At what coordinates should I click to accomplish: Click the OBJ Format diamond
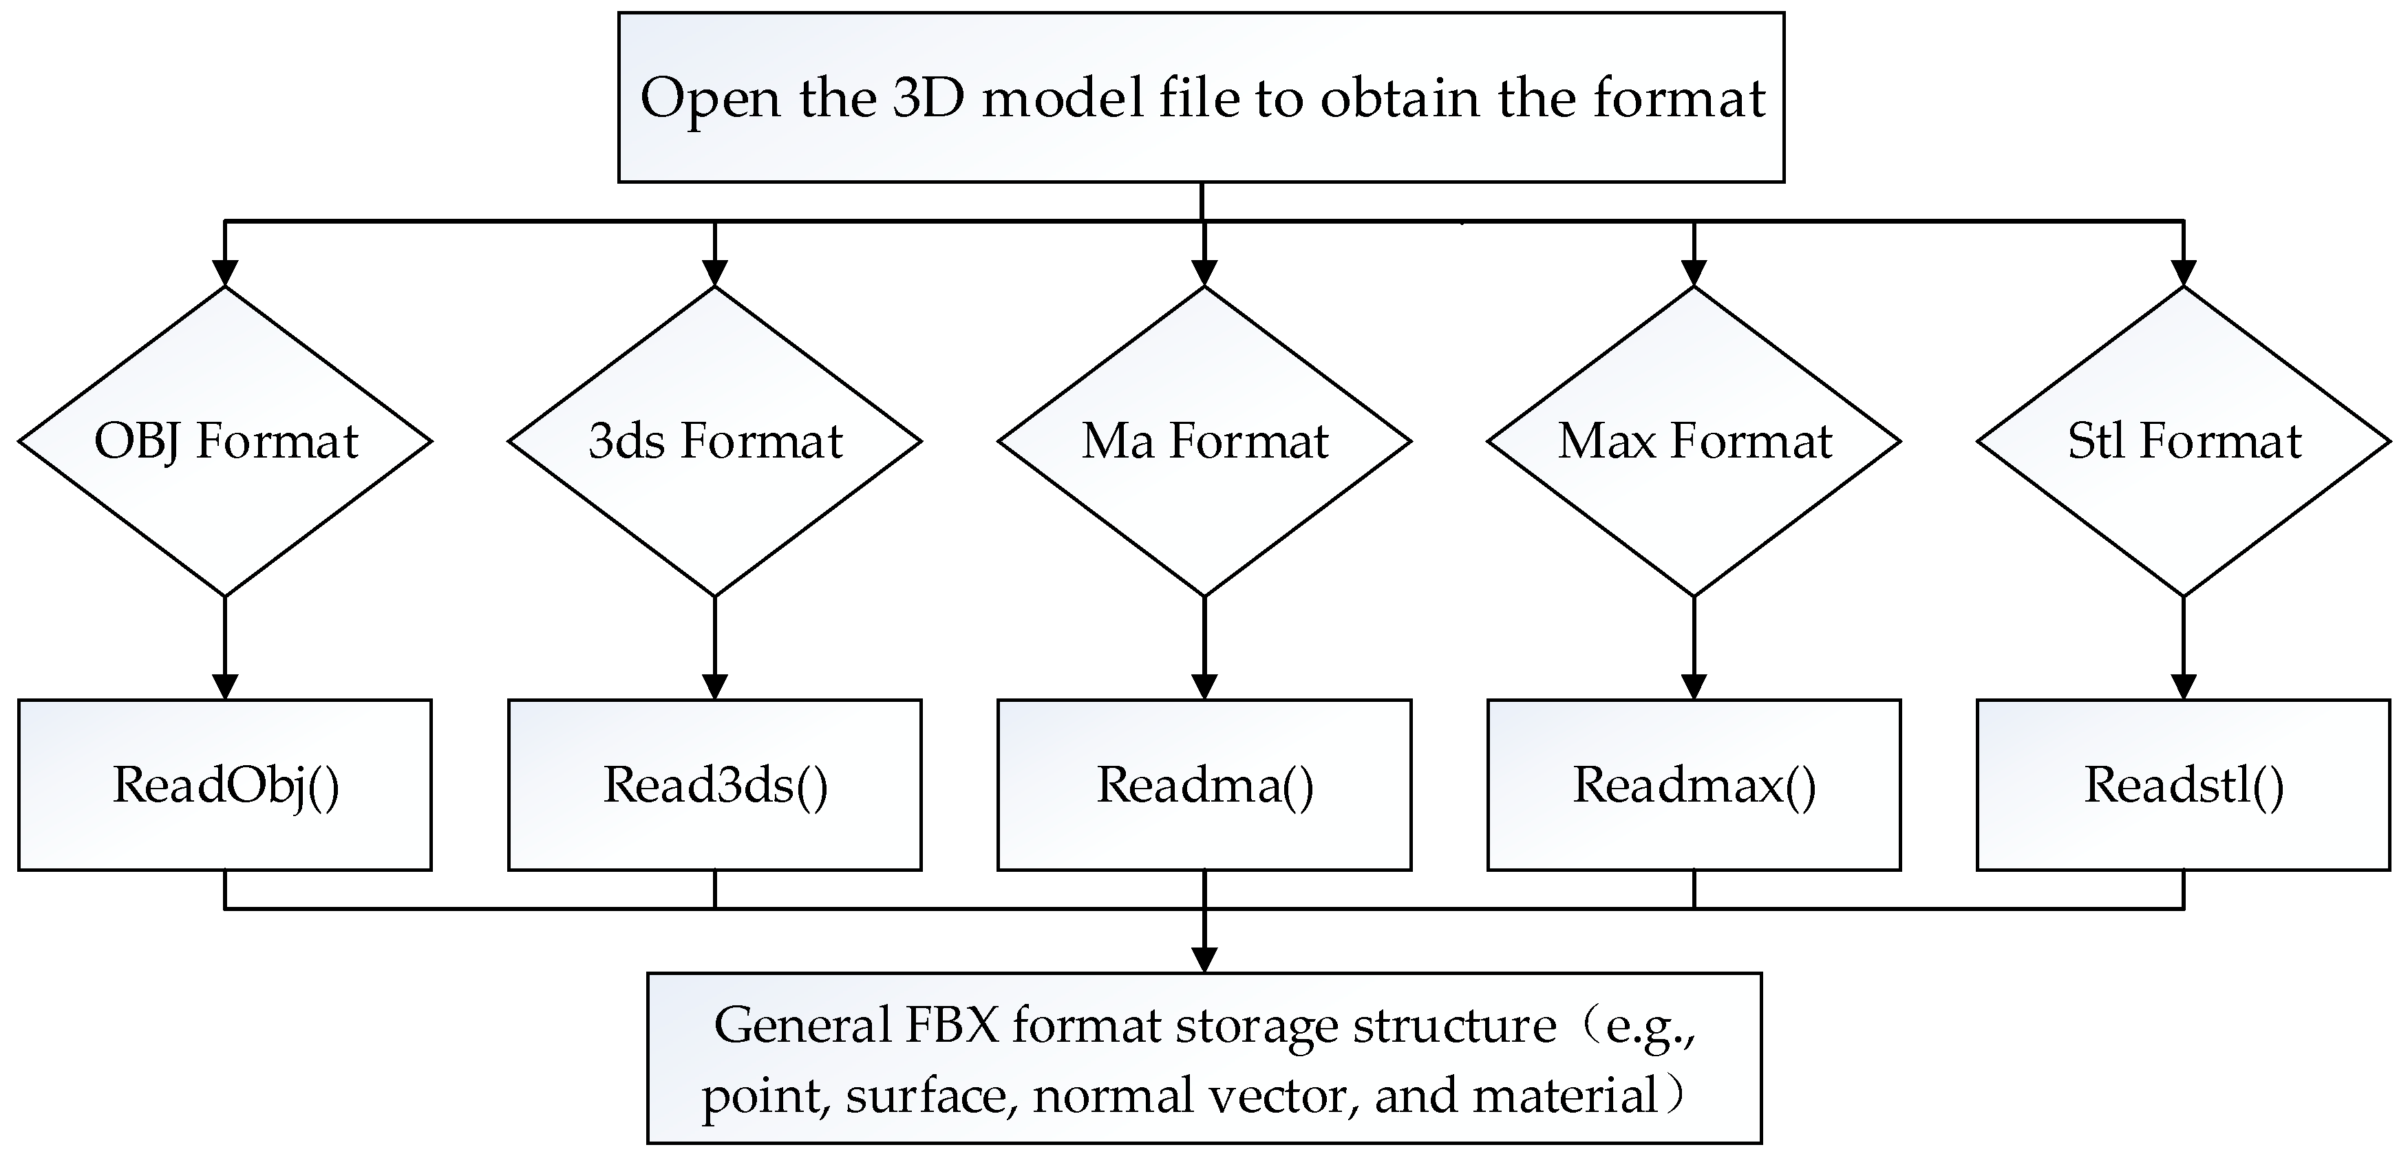(x=224, y=441)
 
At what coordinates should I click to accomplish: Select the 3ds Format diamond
(x=714, y=441)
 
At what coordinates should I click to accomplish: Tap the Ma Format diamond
(x=1204, y=441)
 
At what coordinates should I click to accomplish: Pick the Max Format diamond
(x=1694, y=441)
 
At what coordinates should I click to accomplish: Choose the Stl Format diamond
(x=2183, y=441)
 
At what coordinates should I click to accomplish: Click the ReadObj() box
(x=224, y=785)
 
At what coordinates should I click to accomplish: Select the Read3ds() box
(x=714, y=785)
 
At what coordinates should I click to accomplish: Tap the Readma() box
(x=1204, y=785)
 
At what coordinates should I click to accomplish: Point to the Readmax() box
(x=1694, y=785)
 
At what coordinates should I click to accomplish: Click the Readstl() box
(x=2183, y=785)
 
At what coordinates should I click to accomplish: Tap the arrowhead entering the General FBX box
(x=1204, y=960)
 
